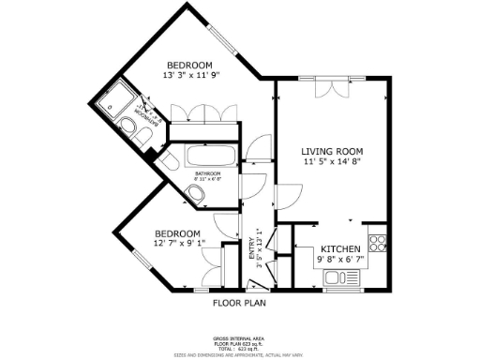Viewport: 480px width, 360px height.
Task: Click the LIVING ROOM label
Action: [331, 151]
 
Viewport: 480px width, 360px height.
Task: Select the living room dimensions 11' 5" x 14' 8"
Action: [331, 161]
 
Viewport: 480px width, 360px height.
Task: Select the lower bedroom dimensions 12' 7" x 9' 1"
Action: [177, 244]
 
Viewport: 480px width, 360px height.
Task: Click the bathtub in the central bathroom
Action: [209, 157]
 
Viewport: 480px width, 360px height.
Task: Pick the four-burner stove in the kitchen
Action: [379, 244]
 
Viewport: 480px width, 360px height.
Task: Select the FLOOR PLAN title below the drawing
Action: [239, 303]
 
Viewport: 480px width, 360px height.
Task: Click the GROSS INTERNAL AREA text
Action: [239, 336]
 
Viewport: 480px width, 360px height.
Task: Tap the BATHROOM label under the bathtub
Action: [207, 174]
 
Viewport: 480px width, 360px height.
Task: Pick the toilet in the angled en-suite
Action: [143, 140]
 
